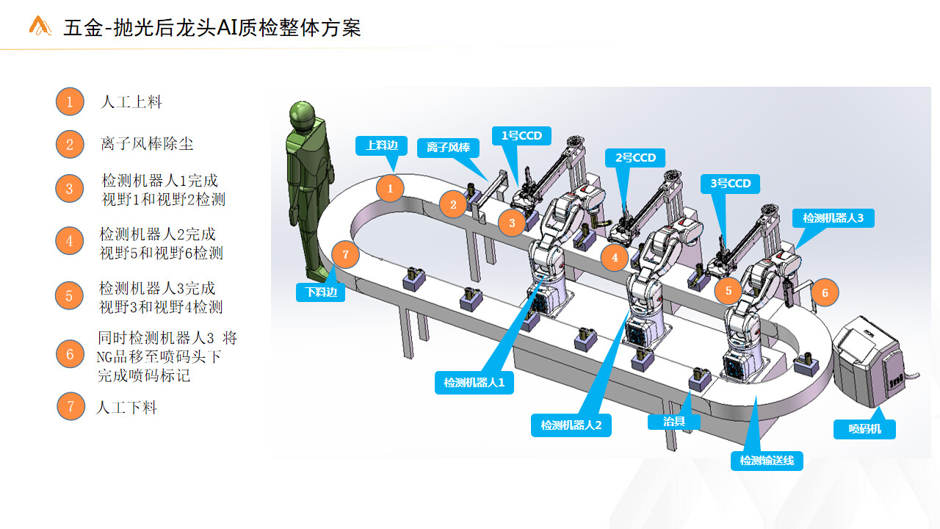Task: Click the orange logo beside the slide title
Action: (x=40, y=26)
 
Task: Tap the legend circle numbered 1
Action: (x=70, y=101)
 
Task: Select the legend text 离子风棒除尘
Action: (x=147, y=144)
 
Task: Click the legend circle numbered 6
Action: (x=70, y=354)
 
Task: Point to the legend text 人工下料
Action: (x=126, y=407)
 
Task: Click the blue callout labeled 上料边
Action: (x=381, y=145)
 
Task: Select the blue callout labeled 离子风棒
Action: (x=448, y=148)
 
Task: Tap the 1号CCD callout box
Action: (x=521, y=136)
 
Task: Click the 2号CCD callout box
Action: (x=635, y=158)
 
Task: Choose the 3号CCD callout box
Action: (x=730, y=184)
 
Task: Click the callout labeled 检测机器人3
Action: (x=834, y=218)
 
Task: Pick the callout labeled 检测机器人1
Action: (x=474, y=383)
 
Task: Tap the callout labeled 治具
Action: (x=674, y=422)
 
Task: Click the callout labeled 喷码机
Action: (x=864, y=429)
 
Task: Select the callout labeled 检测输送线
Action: (x=767, y=461)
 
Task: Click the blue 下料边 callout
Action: (x=321, y=292)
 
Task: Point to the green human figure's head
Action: (x=303, y=114)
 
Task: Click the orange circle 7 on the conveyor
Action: (x=345, y=254)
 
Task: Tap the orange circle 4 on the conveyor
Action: (x=615, y=257)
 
